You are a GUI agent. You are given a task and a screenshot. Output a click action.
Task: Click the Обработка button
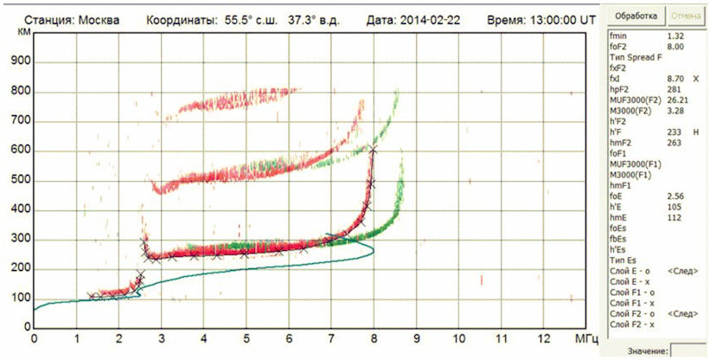(636, 16)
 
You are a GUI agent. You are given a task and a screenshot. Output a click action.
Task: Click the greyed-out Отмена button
(686, 16)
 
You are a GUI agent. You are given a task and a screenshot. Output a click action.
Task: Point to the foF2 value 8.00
(675, 47)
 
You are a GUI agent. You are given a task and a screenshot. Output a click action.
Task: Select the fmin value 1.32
(675, 35)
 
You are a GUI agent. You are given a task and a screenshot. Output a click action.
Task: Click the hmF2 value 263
(674, 143)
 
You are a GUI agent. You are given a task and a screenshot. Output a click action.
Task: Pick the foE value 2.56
(675, 196)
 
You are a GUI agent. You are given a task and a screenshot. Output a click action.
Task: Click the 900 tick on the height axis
(21, 62)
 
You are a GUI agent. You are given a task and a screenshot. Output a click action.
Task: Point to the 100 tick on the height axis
(21, 299)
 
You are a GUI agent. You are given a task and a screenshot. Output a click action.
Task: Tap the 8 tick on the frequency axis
(374, 338)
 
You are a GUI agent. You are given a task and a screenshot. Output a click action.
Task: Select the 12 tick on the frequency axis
(543, 338)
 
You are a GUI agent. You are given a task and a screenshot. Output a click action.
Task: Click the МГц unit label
(584, 338)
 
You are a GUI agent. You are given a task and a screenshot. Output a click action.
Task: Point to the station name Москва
(99, 21)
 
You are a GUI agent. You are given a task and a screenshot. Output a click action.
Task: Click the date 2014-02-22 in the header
(430, 21)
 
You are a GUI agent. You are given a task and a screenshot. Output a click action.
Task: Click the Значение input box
(688, 351)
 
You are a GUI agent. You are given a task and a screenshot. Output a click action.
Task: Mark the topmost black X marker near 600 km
(373, 150)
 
